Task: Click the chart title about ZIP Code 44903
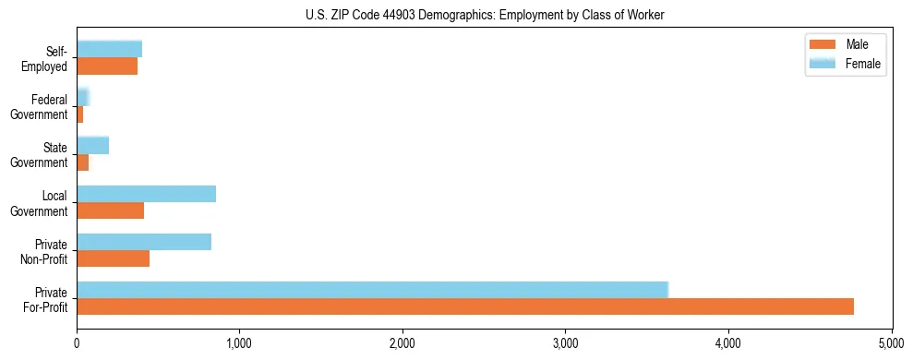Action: tap(485, 15)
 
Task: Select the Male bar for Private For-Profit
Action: tap(465, 306)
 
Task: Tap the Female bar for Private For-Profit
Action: tap(372, 290)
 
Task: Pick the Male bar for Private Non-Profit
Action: tap(113, 258)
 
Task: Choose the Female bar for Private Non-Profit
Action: tap(144, 242)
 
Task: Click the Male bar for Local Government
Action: tap(110, 210)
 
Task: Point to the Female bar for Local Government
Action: tap(146, 194)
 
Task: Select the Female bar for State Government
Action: tap(92, 145)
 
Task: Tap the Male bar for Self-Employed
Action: tap(107, 66)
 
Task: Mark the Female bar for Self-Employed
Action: tap(109, 49)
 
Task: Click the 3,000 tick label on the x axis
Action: tap(565, 343)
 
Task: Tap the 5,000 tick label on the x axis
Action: tap(891, 343)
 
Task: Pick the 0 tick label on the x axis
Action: tap(77, 343)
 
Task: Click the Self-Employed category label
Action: tap(50, 58)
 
